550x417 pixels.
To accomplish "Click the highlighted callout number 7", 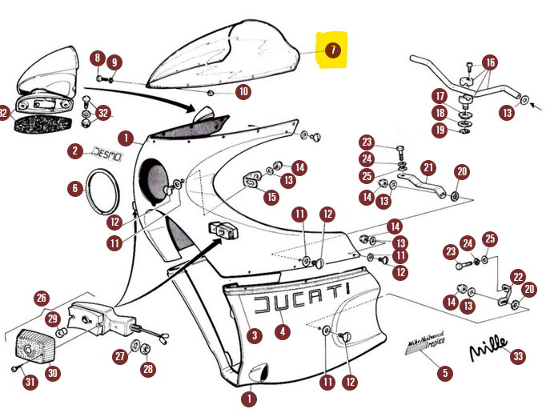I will pos(333,50).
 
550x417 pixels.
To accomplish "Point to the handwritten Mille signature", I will pos(488,348).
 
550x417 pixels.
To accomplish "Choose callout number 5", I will pos(445,372).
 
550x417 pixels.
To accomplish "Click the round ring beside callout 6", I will pos(103,194).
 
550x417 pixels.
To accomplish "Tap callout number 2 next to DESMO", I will pos(74,150).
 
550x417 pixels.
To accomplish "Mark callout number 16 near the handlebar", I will pos(490,62).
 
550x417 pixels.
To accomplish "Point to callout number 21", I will pos(428,167).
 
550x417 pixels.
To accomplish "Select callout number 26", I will pos(42,299).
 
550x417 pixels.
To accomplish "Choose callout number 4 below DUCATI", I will pos(283,330).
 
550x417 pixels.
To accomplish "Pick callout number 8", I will pos(97,58).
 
